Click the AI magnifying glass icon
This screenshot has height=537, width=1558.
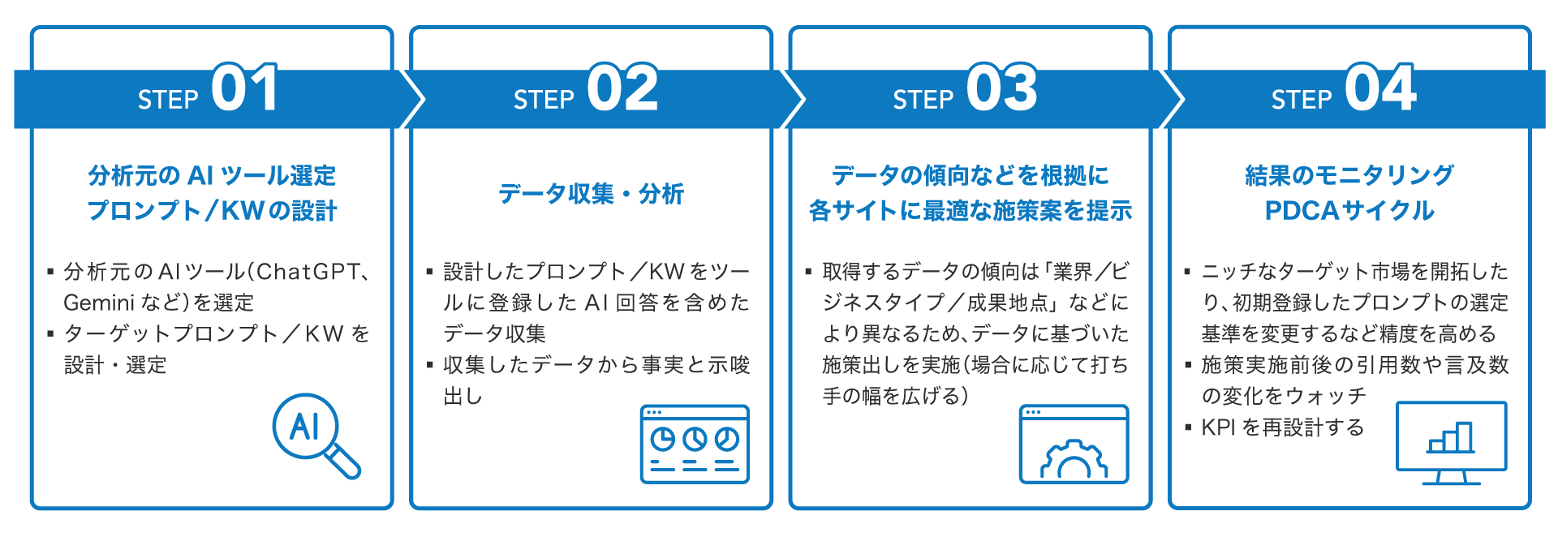tap(312, 434)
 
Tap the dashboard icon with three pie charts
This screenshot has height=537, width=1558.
tap(695, 444)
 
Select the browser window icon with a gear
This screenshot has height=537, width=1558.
tap(1074, 444)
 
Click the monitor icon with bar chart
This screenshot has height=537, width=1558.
tap(1451, 442)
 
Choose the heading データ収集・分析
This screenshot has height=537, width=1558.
tap(591, 194)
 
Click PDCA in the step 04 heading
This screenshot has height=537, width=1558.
tap(1302, 211)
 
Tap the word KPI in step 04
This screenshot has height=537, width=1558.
tap(1219, 427)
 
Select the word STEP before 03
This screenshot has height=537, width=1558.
tap(923, 100)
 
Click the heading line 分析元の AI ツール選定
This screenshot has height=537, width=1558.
tap(212, 176)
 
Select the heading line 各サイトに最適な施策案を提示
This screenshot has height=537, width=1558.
tap(970, 211)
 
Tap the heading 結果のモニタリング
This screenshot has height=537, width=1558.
tap(1349, 176)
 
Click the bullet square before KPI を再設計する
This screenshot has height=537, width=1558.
tap(1187, 427)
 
